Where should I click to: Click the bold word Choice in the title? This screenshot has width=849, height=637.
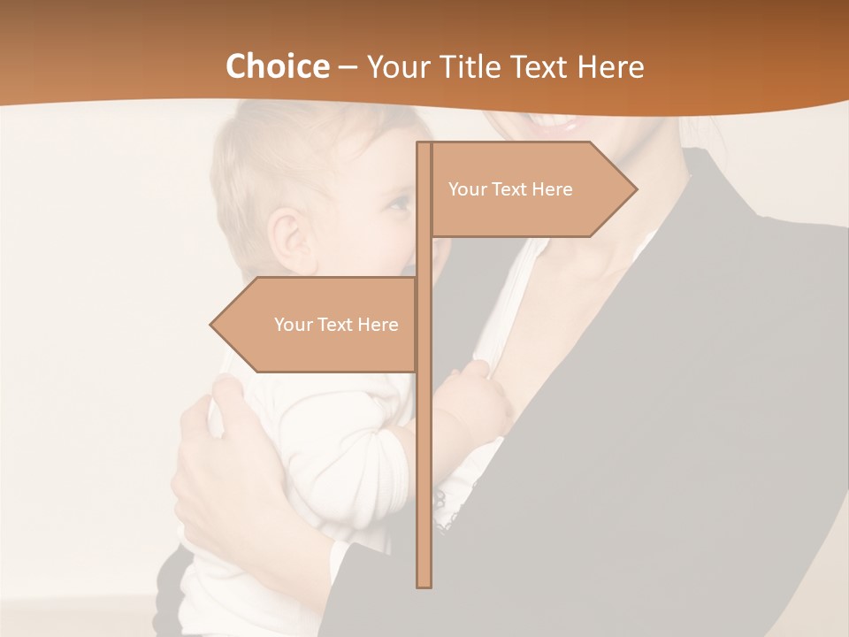pos(277,66)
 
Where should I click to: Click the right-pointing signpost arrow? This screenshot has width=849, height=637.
pos(531,189)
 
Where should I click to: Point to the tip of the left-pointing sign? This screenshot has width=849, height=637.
pos(210,325)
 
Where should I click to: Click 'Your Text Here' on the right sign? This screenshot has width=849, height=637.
pos(510,189)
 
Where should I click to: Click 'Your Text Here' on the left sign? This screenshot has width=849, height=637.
pos(336,325)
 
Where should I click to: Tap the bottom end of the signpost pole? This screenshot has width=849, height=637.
pos(424,584)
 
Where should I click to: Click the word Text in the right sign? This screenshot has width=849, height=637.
pos(510,189)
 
